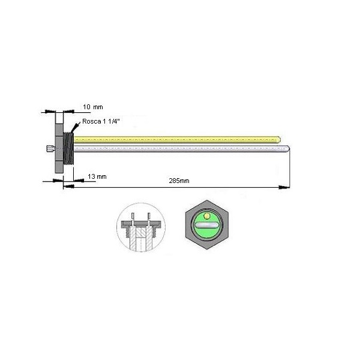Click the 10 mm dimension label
(93, 107)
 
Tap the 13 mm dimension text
(97, 176)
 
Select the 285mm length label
(179, 181)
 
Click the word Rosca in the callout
(92, 121)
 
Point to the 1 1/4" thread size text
(112, 121)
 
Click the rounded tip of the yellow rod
(279, 139)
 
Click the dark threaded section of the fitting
(68, 148)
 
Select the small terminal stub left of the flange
(50, 149)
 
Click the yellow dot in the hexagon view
(207, 216)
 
